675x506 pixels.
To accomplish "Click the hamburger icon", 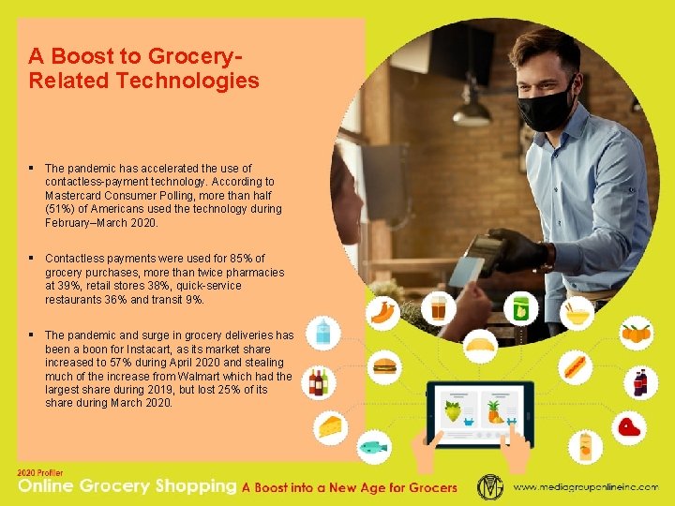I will [385, 366].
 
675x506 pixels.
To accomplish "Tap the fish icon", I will [373, 447].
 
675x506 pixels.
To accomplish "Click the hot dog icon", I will [575, 366].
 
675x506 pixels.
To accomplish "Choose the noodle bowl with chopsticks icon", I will [578, 310].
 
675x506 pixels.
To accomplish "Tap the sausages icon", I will [383, 310].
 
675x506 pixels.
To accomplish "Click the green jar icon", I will [520, 307].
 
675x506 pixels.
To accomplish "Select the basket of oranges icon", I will [637, 332].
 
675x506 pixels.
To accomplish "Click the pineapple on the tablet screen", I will [493, 409].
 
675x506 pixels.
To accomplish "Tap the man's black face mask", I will [545, 105].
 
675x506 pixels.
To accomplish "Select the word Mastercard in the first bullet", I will [73, 195].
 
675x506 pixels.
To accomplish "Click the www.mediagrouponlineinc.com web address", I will [586, 487].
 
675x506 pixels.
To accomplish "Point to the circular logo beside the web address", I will [490, 487].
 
